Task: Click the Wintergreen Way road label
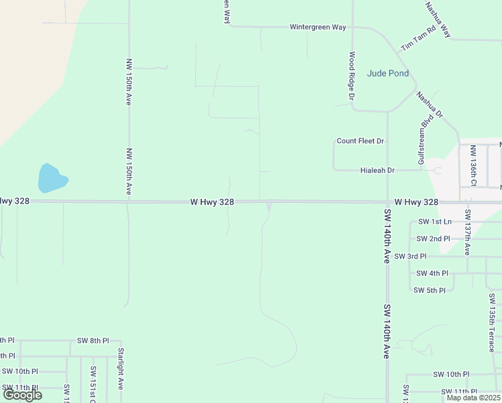[x=317, y=28]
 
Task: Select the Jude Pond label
[x=388, y=73]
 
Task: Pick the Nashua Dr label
[x=430, y=105]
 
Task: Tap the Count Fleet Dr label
[x=360, y=141]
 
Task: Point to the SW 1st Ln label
[x=435, y=222]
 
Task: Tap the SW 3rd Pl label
[x=410, y=257]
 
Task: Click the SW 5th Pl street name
[x=430, y=290]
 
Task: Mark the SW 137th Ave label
[x=468, y=232]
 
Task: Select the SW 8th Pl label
[x=93, y=341]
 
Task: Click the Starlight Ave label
[x=121, y=368]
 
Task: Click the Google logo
[x=22, y=395]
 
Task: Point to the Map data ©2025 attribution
[x=472, y=398]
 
